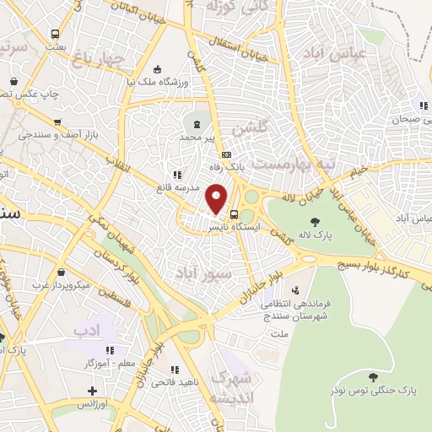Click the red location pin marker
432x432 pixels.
[218, 199]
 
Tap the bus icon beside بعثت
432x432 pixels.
[56, 35]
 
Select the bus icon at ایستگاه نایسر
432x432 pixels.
[234, 214]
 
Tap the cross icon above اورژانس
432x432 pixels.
[93, 391]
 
